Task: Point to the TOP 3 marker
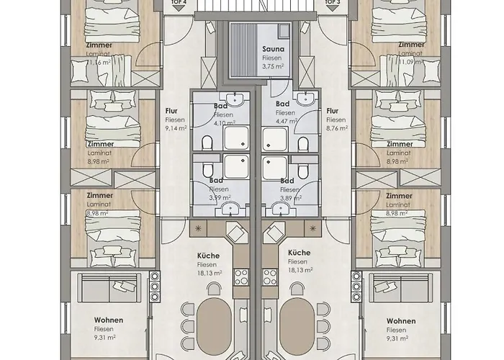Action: [x=332, y=3]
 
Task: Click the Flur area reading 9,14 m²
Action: [x=176, y=128]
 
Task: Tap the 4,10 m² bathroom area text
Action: [x=224, y=122]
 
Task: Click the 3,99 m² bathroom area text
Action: [x=220, y=197]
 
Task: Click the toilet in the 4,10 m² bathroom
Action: [x=207, y=144]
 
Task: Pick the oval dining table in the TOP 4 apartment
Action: [x=215, y=324]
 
